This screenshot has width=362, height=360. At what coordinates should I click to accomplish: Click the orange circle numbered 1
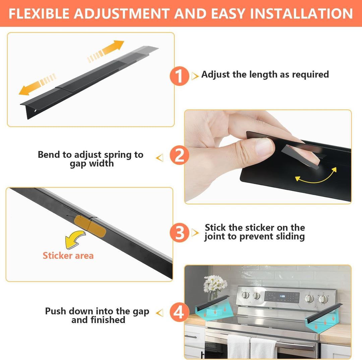pyautogui.click(x=179, y=76)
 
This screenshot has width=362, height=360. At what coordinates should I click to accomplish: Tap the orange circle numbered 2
pyautogui.click(x=179, y=155)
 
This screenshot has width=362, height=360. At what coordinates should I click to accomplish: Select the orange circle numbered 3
pyautogui.click(x=179, y=233)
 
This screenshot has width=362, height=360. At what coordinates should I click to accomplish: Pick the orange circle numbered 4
pyautogui.click(x=179, y=312)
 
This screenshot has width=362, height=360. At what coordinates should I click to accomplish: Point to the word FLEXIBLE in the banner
pyautogui.click(x=39, y=13)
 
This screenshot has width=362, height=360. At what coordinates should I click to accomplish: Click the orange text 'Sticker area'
pyautogui.click(x=68, y=256)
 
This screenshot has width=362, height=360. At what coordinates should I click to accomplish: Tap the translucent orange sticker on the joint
pyautogui.click(x=90, y=226)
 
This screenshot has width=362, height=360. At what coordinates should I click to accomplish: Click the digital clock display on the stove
pyautogui.click(x=282, y=296)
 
